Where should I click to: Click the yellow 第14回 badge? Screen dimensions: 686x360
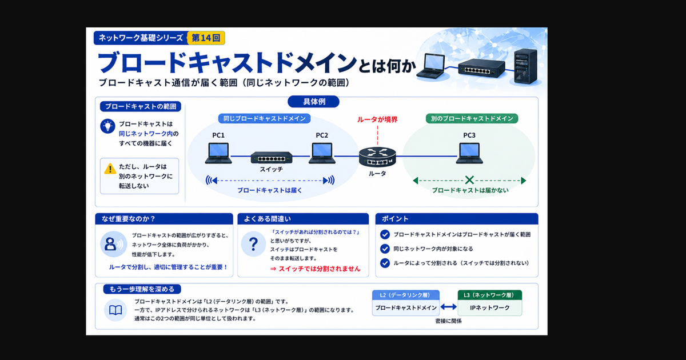pyautogui.click(x=206, y=38)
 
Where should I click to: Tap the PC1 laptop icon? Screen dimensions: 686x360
pyautogui.click(x=218, y=153)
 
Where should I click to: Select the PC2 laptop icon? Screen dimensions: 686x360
pyautogui.click(x=322, y=153)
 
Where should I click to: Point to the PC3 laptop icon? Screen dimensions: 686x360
pyautogui.click(x=469, y=153)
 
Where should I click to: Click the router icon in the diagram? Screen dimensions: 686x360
pyautogui.click(x=378, y=157)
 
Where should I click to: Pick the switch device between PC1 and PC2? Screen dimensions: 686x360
pyautogui.click(x=272, y=158)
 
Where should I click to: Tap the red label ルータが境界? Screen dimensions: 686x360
pyautogui.click(x=377, y=119)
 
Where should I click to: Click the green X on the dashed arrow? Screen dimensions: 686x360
pyautogui.click(x=469, y=180)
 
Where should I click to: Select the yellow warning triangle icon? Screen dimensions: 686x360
pyautogui.click(x=110, y=169)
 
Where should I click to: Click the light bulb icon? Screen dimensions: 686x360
pyautogui.click(x=108, y=126)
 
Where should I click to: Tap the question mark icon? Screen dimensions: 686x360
pyautogui.click(x=253, y=244)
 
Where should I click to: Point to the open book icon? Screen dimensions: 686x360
pyautogui.click(x=115, y=310)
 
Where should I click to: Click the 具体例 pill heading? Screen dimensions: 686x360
pyautogui.click(x=314, y=102)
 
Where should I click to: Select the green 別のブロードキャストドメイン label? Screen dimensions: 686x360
pyautogui.click(x=472, y=118)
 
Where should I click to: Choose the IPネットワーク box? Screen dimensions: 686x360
pyautogui.click(x=490, y=307)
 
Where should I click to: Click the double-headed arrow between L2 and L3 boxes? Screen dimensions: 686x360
pyautogui.click(x=449, y=307)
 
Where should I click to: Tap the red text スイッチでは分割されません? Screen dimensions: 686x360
pyautogui.click(x=320, y=269)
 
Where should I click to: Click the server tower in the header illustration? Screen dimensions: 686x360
pyautogui.click(x=525, y=66)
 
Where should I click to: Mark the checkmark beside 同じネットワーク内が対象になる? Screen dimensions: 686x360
pyautogui.click(x=385, y=249)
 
